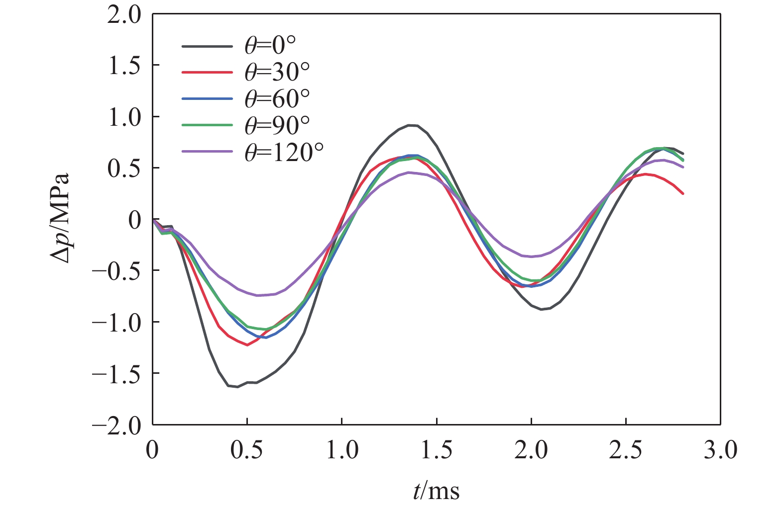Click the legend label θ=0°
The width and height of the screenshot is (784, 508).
pyautogui.click(x=270, y=46)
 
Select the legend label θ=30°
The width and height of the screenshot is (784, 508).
pyautogui.click(x=277, y=73)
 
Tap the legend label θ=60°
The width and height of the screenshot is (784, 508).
pyautogui.click(x=277, y=99)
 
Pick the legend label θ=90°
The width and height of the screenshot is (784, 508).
pyautogui.click(x=277, y=125)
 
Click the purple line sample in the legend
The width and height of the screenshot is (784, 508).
pyautogui.click(x=207, y=152)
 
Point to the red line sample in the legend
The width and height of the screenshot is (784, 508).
pyautogui.click(x=207, y=73)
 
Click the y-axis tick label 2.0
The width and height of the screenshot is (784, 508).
pyautogui.click(x=124, y=15)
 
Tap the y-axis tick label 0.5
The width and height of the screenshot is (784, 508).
pyautogui.click(x=124, y=168)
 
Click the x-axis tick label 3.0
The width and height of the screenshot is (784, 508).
pyautogui.click(x=720, y=450)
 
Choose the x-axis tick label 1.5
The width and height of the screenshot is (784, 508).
pyautogui.click(x=437, y=450)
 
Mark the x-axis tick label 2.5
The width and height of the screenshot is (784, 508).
pyautogui.click(x=626, y=450)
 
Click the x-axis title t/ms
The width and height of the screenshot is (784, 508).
pyautogui.click(x=436, y=491)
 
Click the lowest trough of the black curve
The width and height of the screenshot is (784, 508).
pyautogui.click(x=237, y=387)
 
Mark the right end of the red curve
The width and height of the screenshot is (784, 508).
pyautogui.click(x=683, y=193)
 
